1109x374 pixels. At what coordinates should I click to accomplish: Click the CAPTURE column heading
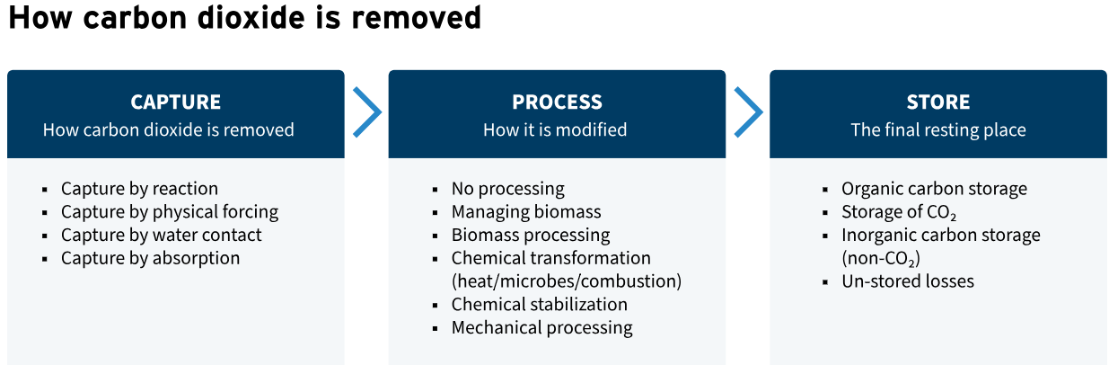click(176, 102)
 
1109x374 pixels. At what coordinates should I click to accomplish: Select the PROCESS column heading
click(557, 102)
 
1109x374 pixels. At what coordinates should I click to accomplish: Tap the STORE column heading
click(938, 102)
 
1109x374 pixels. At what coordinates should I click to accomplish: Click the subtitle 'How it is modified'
click(555, 129)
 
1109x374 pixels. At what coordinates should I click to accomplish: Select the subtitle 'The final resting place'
click(938, 129)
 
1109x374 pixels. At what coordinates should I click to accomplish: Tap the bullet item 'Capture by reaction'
click(139, 189)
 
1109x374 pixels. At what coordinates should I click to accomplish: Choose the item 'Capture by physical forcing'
click(170, 212)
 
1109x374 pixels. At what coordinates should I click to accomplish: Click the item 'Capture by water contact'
click(162, 235)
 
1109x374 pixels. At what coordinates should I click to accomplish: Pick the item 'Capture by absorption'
click(151, 258)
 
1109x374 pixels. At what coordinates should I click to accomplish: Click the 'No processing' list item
click(508, 189)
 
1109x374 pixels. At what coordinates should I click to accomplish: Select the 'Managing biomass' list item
click(526, 212)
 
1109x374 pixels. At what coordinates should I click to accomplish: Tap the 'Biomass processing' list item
click(531, 235)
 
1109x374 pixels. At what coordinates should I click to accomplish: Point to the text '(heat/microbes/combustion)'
click(567, 281)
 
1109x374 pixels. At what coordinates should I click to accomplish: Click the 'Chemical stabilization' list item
click(539, 304)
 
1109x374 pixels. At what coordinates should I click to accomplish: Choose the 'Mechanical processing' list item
click(542, 327)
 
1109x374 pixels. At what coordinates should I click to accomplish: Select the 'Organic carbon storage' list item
click(934, 189)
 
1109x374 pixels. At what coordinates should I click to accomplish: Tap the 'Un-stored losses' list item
click(908, 281)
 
